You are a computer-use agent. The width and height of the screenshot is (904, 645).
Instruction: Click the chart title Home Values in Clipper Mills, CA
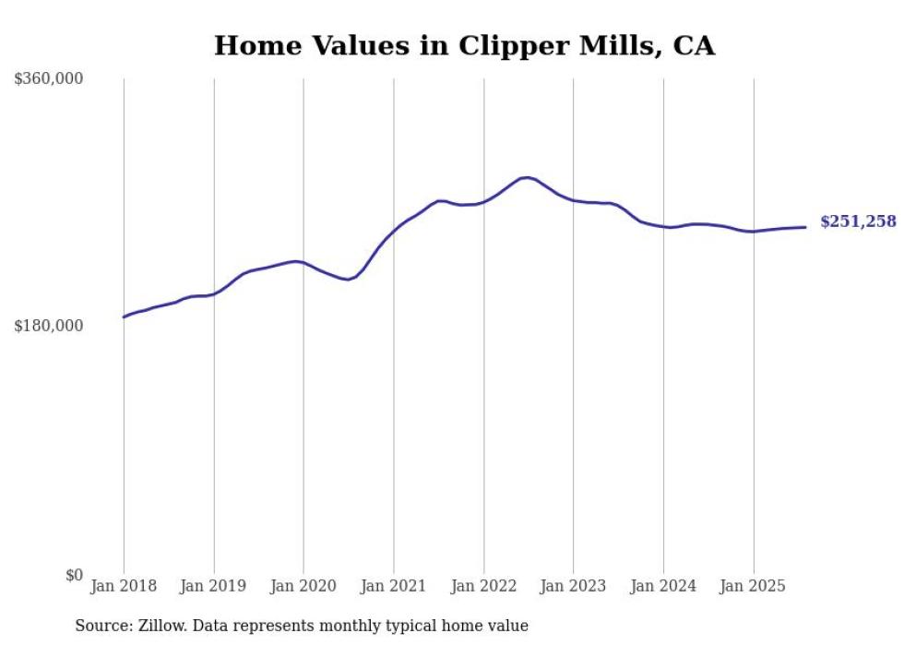464,45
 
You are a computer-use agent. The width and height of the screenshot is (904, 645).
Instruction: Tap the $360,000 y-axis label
49,79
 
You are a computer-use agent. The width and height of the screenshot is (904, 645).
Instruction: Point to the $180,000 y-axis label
49,326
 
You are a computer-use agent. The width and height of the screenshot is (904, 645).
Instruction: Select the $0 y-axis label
74,575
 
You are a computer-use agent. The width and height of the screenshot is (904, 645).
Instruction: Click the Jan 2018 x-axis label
124,586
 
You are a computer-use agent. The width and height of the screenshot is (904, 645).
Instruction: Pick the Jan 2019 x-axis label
214,586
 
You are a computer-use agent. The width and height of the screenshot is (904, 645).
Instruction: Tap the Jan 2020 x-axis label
303,586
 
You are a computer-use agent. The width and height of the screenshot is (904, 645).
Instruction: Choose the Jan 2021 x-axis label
394,586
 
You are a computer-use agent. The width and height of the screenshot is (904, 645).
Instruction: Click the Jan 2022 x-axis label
483,586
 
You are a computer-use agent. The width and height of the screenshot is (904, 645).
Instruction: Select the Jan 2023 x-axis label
574,586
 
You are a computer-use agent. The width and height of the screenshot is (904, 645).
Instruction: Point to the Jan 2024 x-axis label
663,586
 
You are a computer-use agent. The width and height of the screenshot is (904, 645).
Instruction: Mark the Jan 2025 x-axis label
754,586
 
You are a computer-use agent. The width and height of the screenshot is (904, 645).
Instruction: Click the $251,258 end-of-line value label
858,221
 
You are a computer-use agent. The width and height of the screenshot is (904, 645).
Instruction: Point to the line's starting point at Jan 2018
125,317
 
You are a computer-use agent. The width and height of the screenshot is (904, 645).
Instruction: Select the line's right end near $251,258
805,227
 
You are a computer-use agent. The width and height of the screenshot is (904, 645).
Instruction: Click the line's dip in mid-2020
348,279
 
